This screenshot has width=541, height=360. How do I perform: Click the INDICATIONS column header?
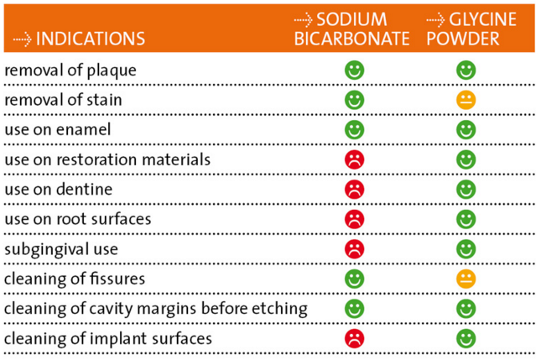[91, 39]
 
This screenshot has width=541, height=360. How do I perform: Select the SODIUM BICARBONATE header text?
[351, 29]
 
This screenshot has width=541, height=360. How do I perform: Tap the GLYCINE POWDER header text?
[471, 29]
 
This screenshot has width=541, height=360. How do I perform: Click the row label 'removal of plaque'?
[70, 70]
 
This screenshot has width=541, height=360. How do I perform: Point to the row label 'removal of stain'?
[63, 100]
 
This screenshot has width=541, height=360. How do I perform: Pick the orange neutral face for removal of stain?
[466, 100]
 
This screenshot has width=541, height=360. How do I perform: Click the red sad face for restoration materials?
[354, 159]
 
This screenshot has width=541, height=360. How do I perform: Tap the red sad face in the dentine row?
[354, 190]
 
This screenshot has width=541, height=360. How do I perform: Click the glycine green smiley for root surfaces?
[466, 219]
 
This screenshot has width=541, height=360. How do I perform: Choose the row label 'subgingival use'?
[61, 249]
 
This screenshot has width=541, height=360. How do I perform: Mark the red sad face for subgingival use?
[354, 249]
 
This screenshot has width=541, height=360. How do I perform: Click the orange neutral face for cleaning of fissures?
[466, 279]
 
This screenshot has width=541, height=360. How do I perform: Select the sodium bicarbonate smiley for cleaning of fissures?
[354, 279]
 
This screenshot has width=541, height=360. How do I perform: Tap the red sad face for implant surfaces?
[354, 338]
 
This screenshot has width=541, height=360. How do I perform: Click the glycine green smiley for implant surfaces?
[466, 338]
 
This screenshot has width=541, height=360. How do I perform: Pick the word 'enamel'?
[84, 130]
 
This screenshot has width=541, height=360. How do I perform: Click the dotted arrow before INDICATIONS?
[23, 39]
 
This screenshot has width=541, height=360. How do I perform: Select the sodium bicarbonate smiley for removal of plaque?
[354, 70]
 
